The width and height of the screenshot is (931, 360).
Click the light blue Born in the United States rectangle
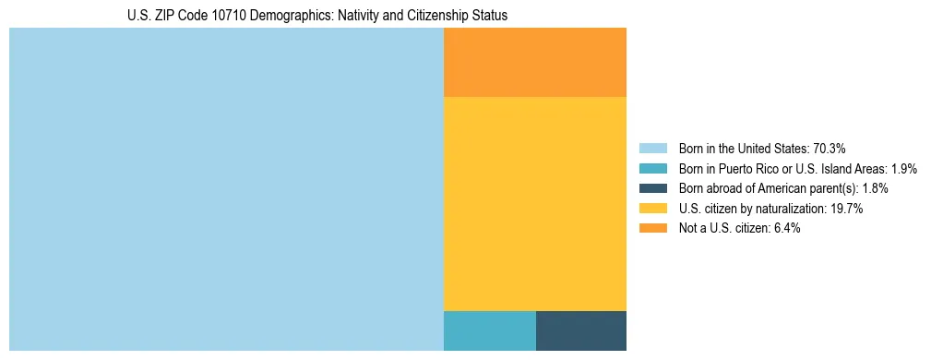point(226,189)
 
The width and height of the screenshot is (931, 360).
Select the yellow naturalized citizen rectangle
point(535,203)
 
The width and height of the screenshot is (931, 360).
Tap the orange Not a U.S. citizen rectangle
point(535,62)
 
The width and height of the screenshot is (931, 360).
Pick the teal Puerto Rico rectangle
point(490,330)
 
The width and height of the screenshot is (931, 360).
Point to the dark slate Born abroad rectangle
point(581,330)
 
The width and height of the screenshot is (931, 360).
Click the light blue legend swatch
point(652,148)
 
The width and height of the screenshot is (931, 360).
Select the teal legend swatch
point(652,168)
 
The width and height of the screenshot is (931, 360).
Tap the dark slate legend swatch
point(652,188)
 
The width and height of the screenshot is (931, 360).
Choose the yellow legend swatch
point(652,209)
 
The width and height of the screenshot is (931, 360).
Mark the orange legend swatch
point(652,229)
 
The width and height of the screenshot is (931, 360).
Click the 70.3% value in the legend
point(830,148)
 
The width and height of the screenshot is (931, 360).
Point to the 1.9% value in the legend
point(903,168)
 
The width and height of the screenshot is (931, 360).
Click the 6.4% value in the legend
point(785,229)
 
